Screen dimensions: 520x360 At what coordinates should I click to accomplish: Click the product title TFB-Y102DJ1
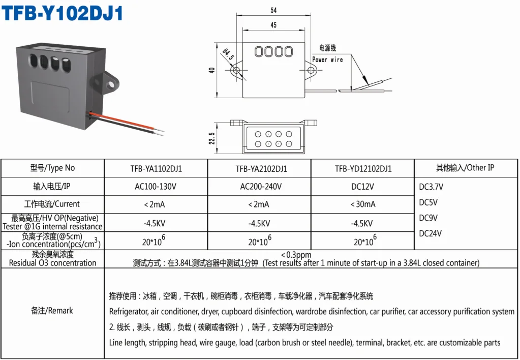[x=63, y=14]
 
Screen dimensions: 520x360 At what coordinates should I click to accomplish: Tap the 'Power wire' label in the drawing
[x=327, y=59]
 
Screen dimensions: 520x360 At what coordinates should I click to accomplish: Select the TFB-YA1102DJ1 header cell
[x=156, y=169]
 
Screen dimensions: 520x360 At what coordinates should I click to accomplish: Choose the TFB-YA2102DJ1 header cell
[x=261, y=169]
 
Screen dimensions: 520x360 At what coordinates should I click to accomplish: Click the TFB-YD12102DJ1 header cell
[x=363, y=169]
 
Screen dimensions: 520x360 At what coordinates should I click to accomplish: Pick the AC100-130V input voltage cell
[x=156, y=187]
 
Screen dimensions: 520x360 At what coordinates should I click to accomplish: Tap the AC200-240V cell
[x=261, y=187]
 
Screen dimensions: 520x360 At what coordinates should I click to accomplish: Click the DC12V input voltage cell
[x=363, y=187]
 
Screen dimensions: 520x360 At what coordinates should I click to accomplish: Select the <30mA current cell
[x=363, y=204]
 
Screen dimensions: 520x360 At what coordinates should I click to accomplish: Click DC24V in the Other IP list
[x=430, y=234]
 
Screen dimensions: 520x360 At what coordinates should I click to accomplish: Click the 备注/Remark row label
[x=52, y=311]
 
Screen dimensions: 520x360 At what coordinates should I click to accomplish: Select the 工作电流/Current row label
[x=52, y=204]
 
